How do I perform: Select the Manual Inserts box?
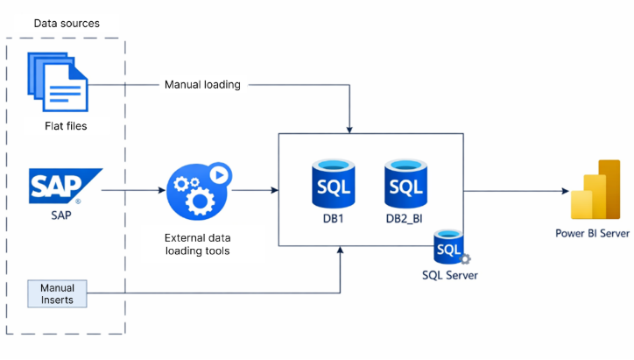click(57, 293)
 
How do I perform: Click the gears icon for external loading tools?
click(198, 189)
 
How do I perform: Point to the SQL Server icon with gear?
click(450, 247)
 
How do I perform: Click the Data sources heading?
click(67, 23)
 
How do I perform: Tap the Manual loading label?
click(202, 85)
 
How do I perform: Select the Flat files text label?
click(67, 126)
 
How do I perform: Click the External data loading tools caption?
click(198, 244)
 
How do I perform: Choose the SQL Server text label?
click(450, 275)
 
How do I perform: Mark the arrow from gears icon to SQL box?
click(254, 189)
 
